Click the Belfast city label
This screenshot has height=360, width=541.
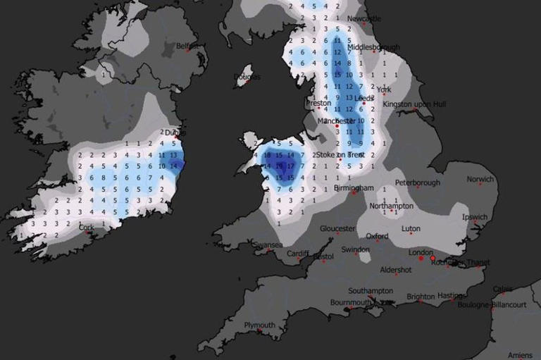click(187, 46)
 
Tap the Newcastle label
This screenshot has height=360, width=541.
click(364, 18)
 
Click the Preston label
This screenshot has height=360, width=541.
click(318, 103)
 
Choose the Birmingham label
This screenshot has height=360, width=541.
click(354, 188)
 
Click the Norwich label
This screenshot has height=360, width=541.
click(480, 180)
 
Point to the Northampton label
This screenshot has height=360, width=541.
click(391, 206)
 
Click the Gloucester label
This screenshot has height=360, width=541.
click(337, 228)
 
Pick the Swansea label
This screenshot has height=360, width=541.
click(268, 244)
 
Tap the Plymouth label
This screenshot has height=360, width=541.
click(259, 325)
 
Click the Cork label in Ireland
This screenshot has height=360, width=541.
click(87, 228)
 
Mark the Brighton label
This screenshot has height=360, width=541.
click(421, 297)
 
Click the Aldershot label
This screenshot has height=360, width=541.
click(396, 270)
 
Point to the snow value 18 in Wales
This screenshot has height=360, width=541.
click(267, 154)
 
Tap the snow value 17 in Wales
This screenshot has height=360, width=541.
click(290, 166)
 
